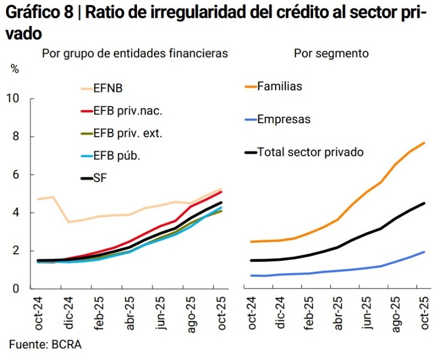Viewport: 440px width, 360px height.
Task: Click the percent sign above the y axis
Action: [15, 69]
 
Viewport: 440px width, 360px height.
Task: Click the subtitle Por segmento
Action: [331, 53]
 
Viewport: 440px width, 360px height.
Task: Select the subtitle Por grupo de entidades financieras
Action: [135, 53]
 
